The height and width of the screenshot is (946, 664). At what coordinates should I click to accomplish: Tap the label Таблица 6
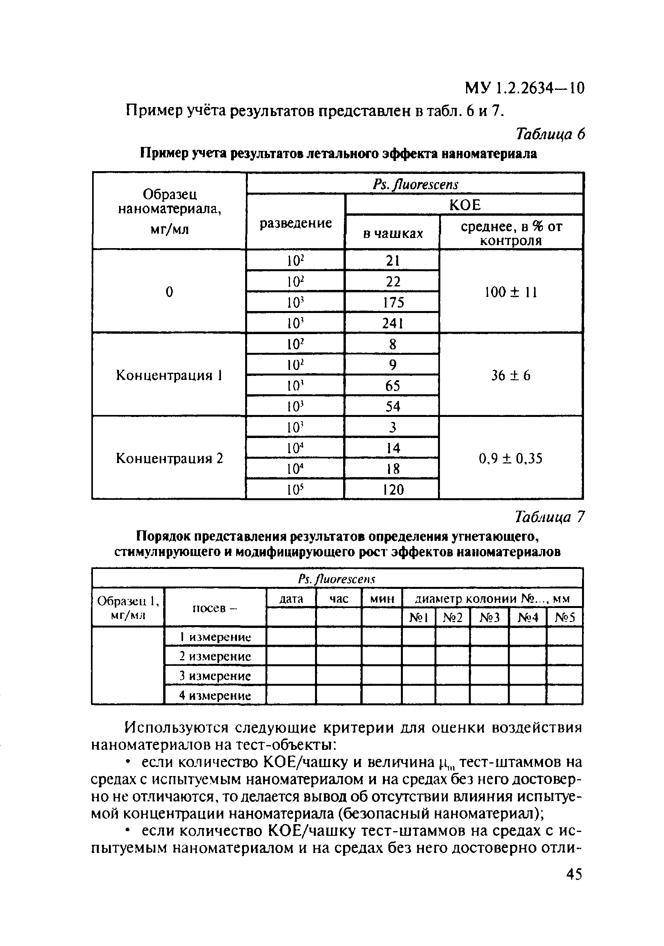point(550,134)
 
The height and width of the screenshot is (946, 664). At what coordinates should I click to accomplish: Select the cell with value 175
point(392,302)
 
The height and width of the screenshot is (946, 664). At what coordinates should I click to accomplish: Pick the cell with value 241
point(392,324)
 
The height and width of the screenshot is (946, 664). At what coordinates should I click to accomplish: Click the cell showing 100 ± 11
point(511,292)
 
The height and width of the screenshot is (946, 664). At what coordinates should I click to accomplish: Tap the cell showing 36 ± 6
point(511,376)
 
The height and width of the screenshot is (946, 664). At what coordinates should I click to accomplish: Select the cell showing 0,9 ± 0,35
point(511,458)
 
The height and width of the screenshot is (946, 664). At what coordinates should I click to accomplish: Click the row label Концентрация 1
point(169,376)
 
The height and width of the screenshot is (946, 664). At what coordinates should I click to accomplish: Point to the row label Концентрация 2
point(169,458)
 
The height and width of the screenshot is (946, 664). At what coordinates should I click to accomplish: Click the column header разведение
point(295,223)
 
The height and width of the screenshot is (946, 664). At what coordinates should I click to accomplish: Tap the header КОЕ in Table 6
point(465,205)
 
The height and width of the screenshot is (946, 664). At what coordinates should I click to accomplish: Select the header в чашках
point(392,234)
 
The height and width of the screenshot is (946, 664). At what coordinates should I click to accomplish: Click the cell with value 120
point(392,490)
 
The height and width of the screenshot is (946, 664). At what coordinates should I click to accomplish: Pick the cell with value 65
point(392,386)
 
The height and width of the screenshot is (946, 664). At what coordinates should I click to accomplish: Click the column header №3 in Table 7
point(489,617)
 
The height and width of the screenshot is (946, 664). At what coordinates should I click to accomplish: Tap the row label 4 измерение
point(215,696)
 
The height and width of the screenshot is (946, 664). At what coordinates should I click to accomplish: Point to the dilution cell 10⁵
point(295,490)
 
